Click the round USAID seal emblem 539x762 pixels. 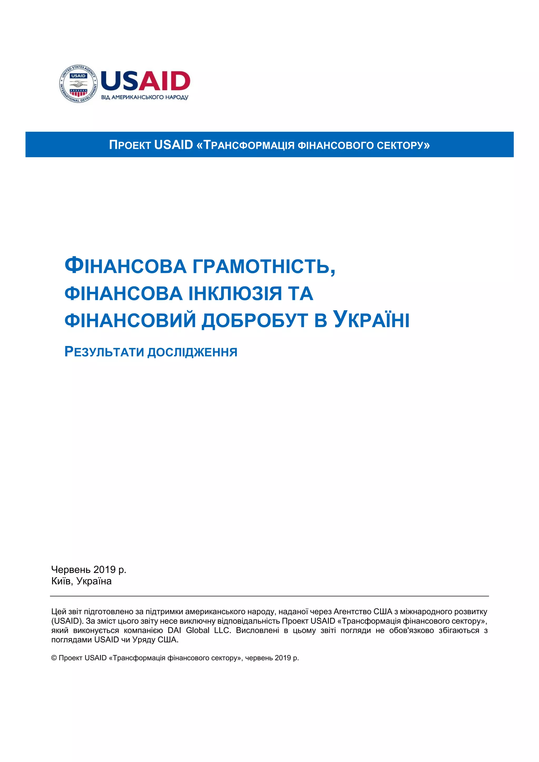point(78,84)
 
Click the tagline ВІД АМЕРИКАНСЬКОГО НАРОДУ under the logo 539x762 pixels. point(144,98)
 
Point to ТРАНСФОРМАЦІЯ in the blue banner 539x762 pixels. point(249,145)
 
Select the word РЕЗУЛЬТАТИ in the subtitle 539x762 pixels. point(104,352)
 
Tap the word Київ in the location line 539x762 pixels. point(61,581)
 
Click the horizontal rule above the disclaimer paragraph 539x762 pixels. point(269,596)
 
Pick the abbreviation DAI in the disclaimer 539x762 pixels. point(174,630)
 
